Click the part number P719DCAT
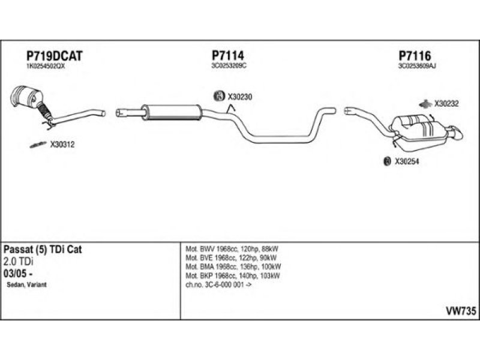pos(54,55)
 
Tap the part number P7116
pos(415,55)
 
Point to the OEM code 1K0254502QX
pos(46,67)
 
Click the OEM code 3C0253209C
pos(230,67)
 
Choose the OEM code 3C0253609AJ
pos(417,67)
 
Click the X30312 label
pos(62,144)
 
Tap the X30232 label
pos(446,103)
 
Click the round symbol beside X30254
pos(387,161)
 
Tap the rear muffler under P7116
pos(426,128)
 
